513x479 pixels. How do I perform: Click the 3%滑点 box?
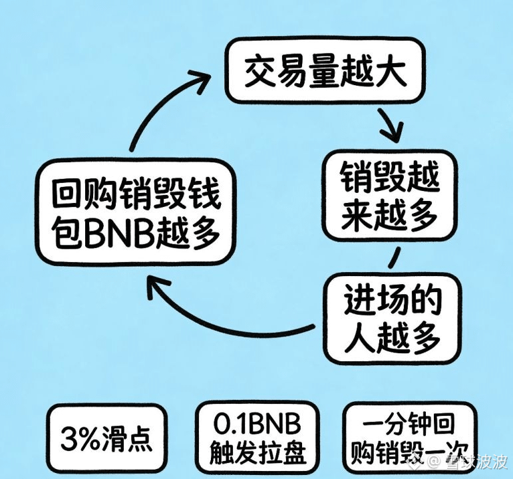pyautogui.click(x=106, y=438)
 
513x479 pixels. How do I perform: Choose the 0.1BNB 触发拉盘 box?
pyautogui.click(x=257, y=438)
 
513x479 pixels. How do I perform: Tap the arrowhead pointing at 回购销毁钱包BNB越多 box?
pyautogui.click(x=154, y=287)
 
